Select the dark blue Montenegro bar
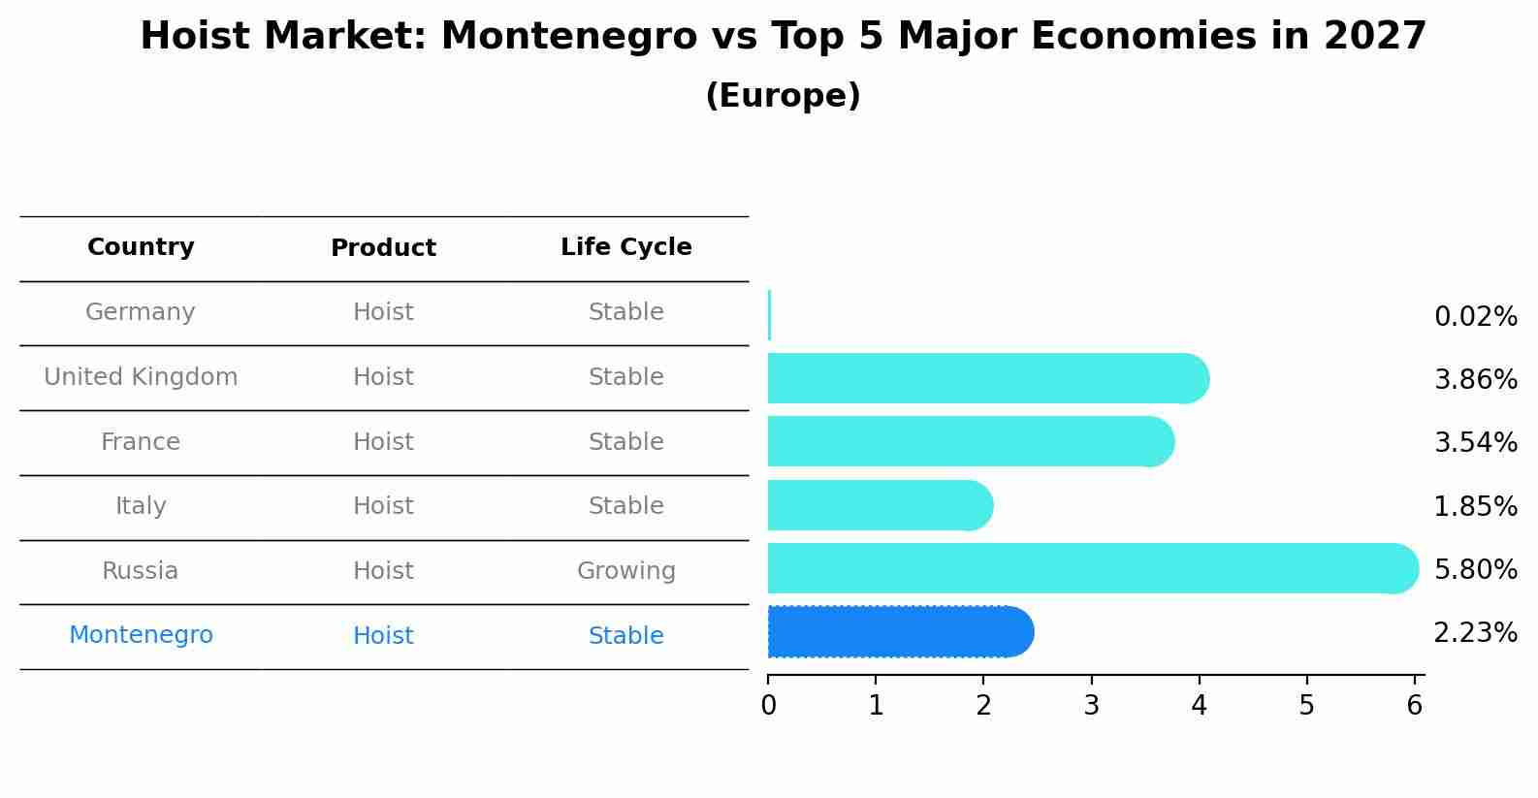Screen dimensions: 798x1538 pos(900,632)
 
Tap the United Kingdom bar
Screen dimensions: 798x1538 pos(987,378)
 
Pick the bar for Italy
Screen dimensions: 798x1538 pos(880,505)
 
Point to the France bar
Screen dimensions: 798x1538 pos(970,441)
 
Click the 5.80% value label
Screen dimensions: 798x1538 pos(1475,569)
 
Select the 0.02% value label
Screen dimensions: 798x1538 pos(1475,316)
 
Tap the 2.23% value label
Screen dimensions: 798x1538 pos(1475,633)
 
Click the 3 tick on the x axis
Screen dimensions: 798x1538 pos(1091,705)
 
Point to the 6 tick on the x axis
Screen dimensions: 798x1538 pos(1414,705)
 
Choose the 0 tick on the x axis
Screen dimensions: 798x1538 pos(768,705)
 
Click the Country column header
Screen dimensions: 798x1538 pos(141,247)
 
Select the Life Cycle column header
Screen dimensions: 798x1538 pos(625,247)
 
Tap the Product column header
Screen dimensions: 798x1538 pos(383,248)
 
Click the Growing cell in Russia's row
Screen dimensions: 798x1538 pos(625,571)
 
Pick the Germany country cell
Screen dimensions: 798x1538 pos(141,312)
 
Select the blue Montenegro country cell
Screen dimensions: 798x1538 pos(141,635)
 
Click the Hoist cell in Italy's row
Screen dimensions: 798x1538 pos(383,506)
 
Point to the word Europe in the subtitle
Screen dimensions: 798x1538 pos(783,96)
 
